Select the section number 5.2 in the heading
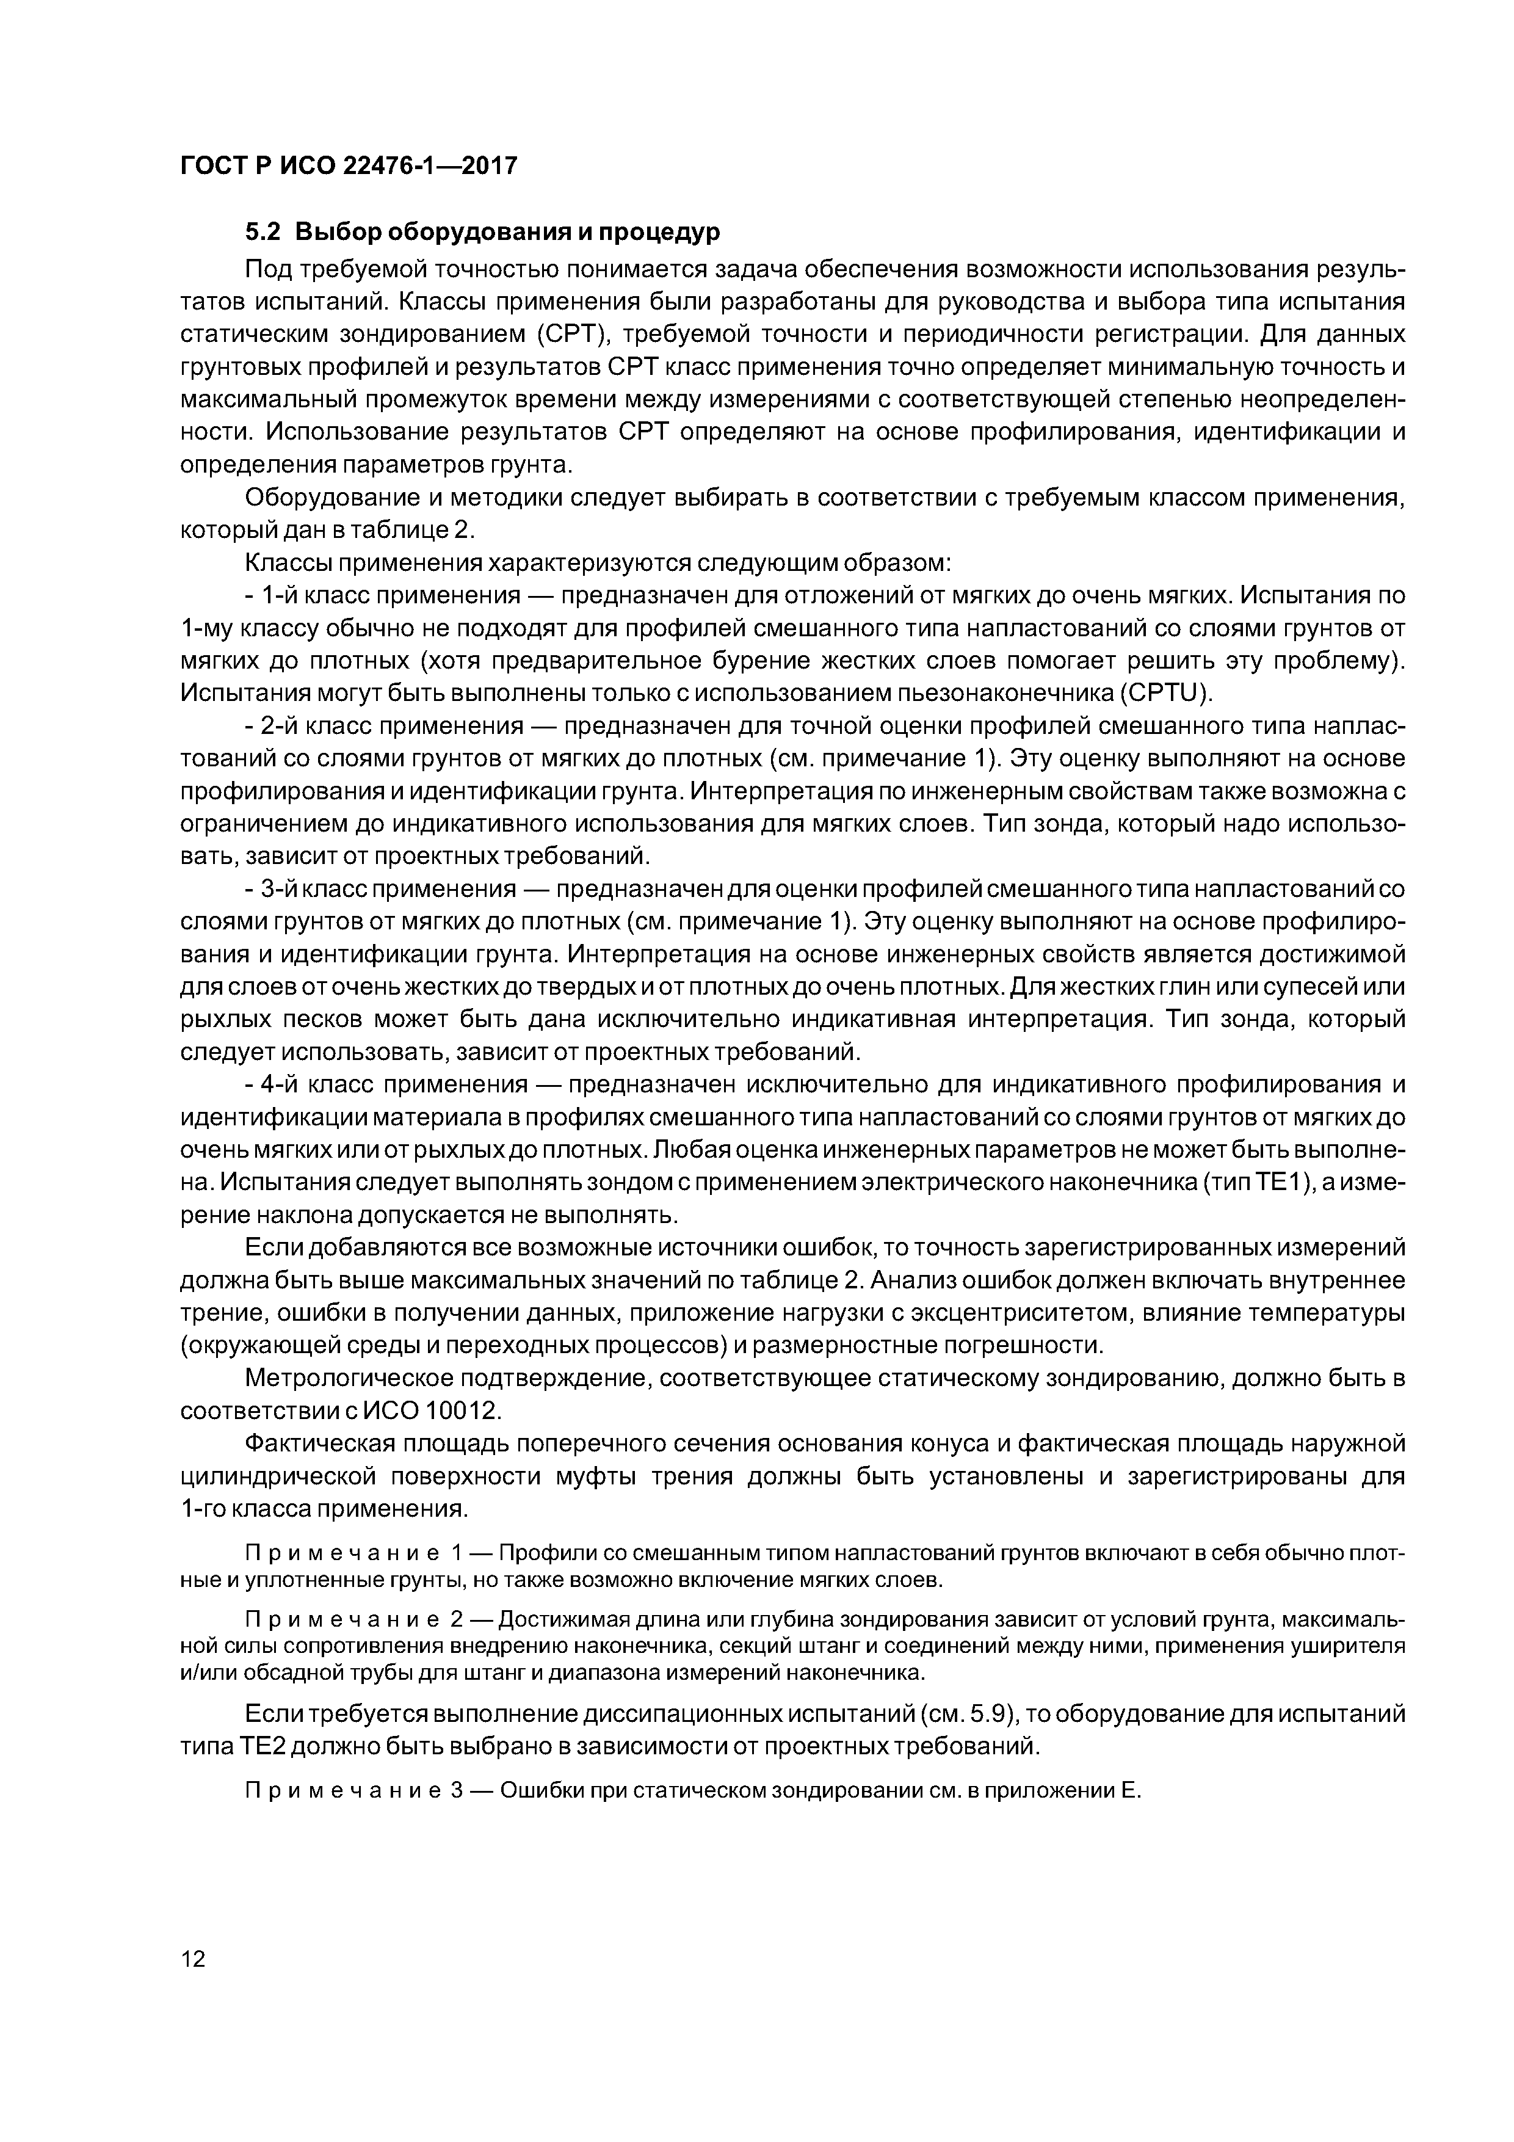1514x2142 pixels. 264,231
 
